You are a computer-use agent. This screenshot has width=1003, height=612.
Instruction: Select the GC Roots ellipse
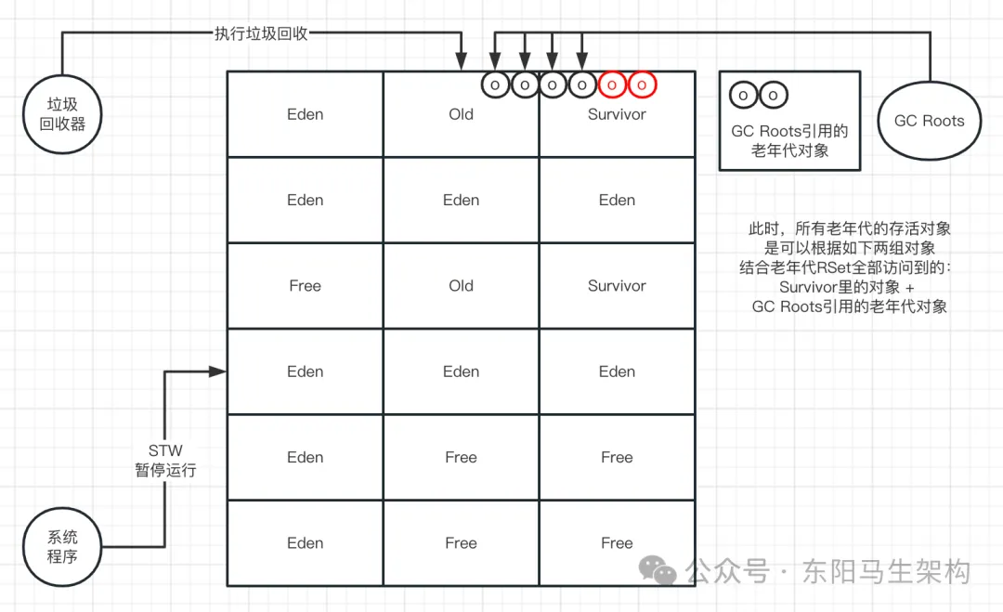tap(929, 121)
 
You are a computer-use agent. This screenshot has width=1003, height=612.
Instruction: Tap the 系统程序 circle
tap(62, 547)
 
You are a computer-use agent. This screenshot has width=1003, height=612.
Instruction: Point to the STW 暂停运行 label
tap(165, 461)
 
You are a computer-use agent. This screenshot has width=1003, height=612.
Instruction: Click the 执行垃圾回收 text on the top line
tap(254, 34)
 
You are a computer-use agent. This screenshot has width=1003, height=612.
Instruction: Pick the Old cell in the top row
tap(461, 114)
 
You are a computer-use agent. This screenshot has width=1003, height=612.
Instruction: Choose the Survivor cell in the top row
tap(617, 114)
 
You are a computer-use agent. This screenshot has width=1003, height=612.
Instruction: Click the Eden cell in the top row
tap(305, 114)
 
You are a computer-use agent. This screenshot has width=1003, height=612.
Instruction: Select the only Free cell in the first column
tap(305, 286)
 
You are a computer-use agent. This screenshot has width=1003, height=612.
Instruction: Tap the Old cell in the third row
tap(461, 286)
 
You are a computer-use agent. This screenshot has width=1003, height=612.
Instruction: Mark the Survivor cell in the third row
tap(617, 286)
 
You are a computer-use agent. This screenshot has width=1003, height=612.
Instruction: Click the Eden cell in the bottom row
tap(305, 543)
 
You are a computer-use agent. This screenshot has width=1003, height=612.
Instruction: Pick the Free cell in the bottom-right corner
tap(617, 543)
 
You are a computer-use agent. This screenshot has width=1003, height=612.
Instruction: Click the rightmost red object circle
tap(642, 85)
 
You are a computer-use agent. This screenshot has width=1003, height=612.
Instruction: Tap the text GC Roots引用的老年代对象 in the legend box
tap(789, 140)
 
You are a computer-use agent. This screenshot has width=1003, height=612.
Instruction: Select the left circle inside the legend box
tap(743, 95)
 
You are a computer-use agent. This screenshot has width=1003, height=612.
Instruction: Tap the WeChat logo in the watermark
tap(661, 570)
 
